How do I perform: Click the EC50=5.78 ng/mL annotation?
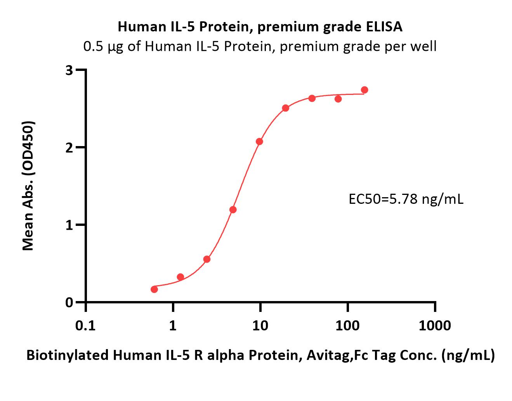pyautogui.click(x=406, y=199)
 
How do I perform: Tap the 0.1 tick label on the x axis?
pyautogui.click(x=85, y=326)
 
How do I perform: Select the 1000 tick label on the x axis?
pyautogui.click(x=435, y=326)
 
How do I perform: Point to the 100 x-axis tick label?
pyautogui.click(x=347, y=326)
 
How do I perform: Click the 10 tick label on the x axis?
pyautogui.click(x=260, y=326)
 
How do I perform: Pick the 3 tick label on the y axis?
pyautogui.click(x=69, y=70)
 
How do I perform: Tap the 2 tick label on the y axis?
pyautogui.click(x=69, y=148)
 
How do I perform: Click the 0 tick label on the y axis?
pyautogui.click(x=69, y=303)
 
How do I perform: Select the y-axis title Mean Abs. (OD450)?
pyautogui.click(x=28, y=186)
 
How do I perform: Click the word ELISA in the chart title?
pyautogui.click(x=384, y=27)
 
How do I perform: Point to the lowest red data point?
pyautogui.click(x=154, y=289)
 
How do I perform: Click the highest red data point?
pyautogui.click(x=364, y=90)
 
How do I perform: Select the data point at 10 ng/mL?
pyautogui.click(x=259, y=141)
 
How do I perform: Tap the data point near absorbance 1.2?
pyautogui.click(x=233, y=210)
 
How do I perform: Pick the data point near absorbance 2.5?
pyautogui.click(x=286, y=108)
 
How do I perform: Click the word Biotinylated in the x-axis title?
pyautogui.click(x=68, y=355)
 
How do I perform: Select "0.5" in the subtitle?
pyautogui.click(x=93, y=46)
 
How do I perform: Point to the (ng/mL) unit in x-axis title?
pyautogui.click(x=468, y=355)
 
